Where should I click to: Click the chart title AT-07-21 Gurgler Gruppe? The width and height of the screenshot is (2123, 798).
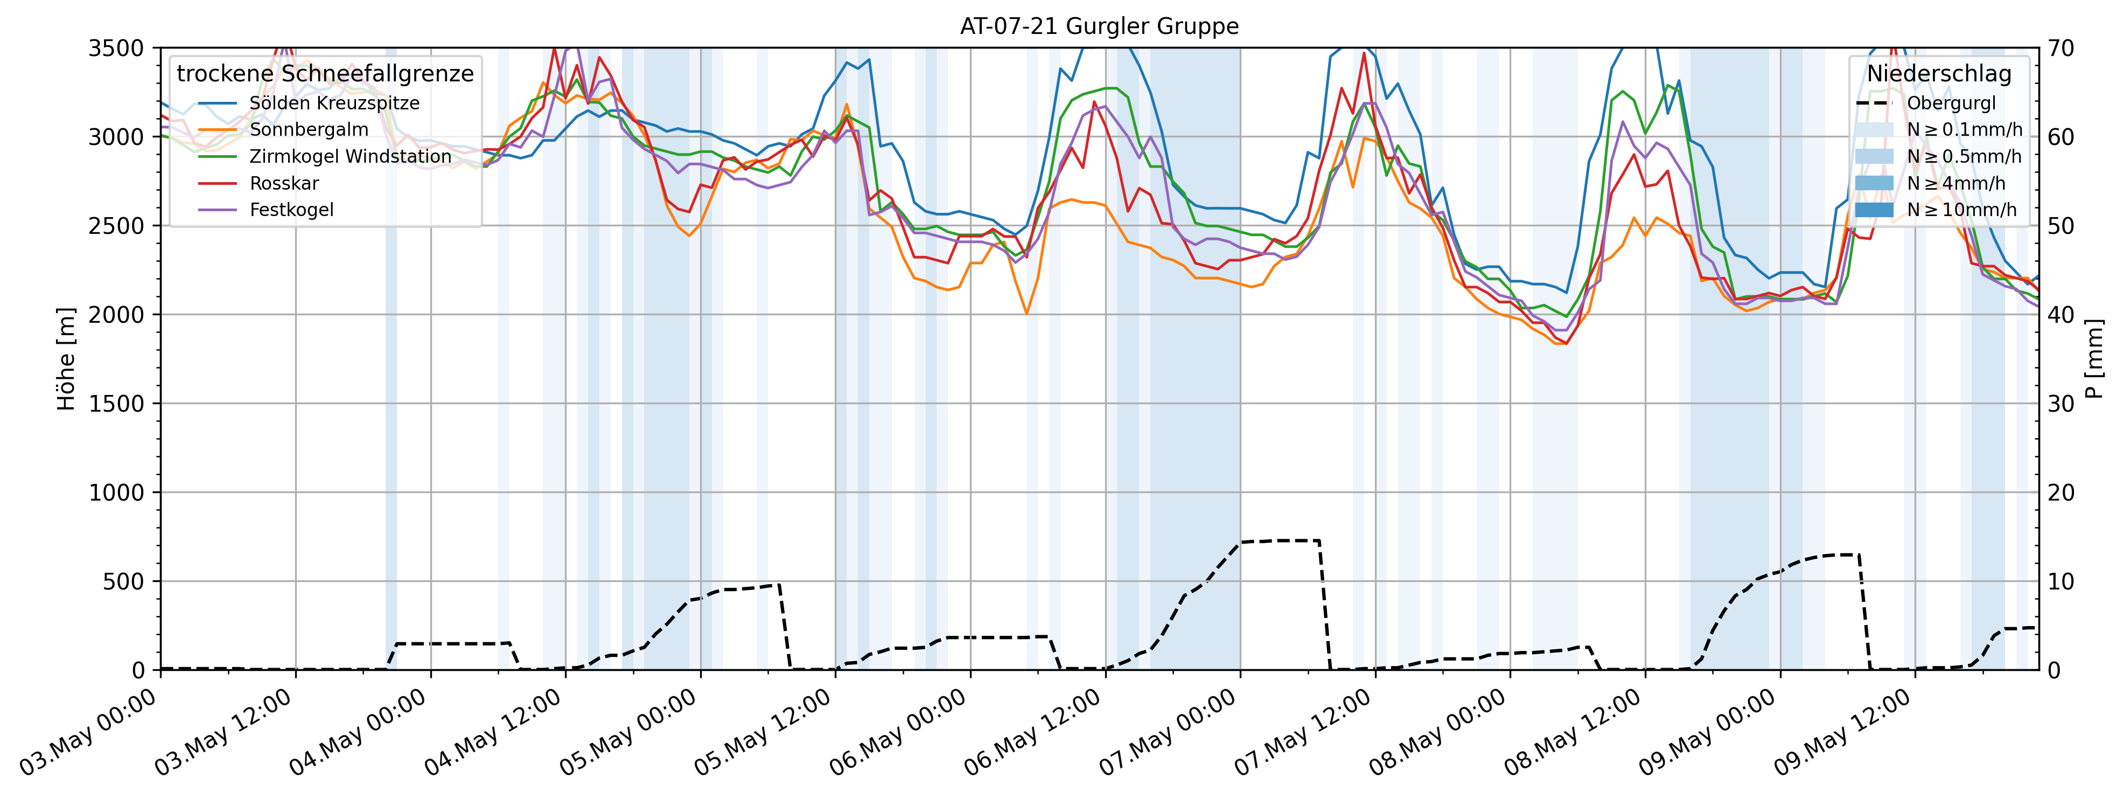[x=1099, y=26]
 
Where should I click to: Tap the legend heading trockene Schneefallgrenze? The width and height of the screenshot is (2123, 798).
[x=325, y=74]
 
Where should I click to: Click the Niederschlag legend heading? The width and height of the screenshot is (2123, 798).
[x=1938, y=74]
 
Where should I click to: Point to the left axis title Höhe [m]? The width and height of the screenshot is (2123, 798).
[x=66, y=359]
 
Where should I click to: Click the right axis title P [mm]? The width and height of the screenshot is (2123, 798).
[x=2094, y=359]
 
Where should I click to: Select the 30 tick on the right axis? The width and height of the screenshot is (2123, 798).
[x=2061, y=404]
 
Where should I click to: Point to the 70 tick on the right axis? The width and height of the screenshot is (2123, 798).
[x=2061, y=48]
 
